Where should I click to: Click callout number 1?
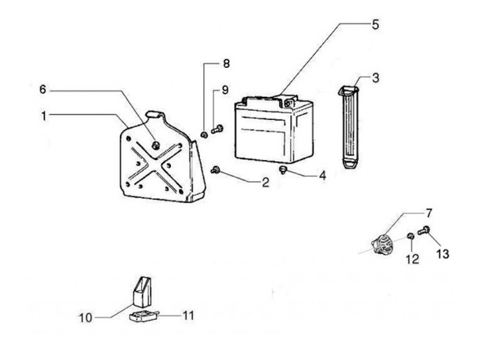(44, 116)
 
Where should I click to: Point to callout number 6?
(42, 89)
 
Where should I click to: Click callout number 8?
(226, 64)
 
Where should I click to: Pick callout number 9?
(226, 89)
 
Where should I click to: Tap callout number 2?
(265, 182)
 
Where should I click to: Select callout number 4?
(322, 175)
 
